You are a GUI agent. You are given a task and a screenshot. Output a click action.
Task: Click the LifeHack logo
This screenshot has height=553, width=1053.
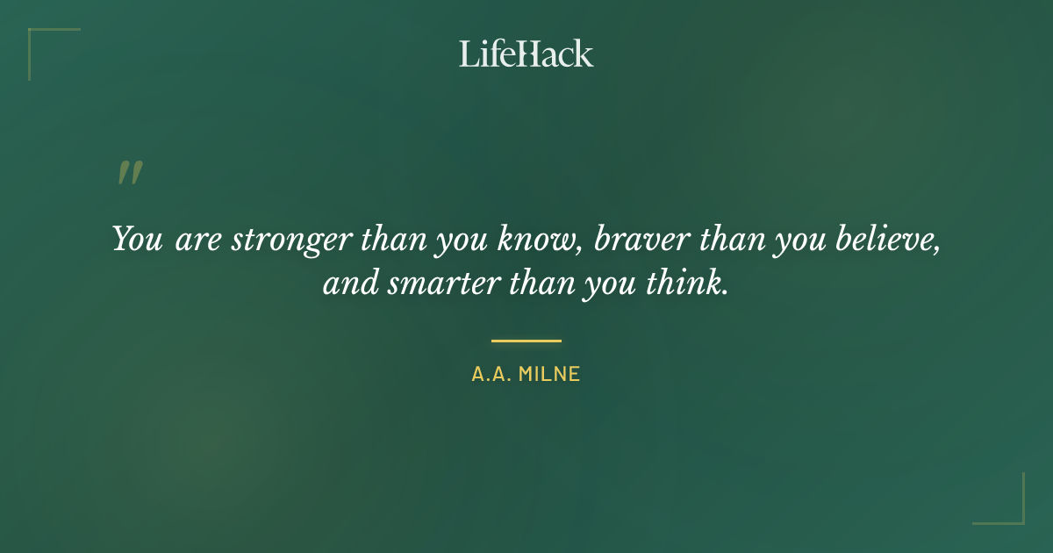tap(526, 54)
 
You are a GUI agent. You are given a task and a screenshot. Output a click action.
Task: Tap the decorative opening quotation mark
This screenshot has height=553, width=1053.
tap(130, 173)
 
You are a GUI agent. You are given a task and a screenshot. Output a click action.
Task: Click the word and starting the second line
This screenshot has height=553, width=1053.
tap(347, 284)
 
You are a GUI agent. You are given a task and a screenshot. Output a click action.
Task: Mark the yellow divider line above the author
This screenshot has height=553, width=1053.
tap(526, 341)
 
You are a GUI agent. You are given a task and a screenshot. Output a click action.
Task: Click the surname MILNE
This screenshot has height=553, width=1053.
tap(549, 374)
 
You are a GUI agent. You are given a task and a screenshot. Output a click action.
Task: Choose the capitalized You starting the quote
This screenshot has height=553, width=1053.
tap(138, 239)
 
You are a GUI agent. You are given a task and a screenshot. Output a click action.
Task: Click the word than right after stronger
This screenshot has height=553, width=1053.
tap(380, 239)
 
